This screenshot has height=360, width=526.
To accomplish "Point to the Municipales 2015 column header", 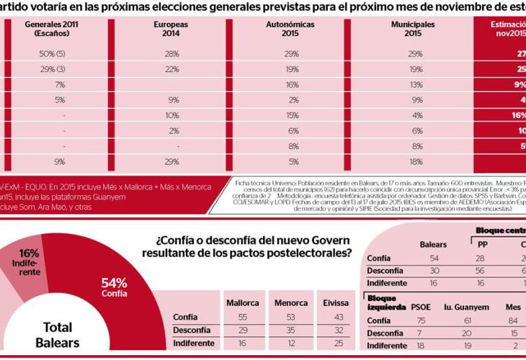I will [413, 29].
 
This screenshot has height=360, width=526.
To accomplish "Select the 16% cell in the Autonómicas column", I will [292, 84].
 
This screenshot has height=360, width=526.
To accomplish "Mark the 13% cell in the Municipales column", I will [415, 84].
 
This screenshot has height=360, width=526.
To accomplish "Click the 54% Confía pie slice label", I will [115, 287].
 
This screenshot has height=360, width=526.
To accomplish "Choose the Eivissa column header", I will [338, 302].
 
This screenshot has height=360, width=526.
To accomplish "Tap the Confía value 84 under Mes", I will [513, 320].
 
